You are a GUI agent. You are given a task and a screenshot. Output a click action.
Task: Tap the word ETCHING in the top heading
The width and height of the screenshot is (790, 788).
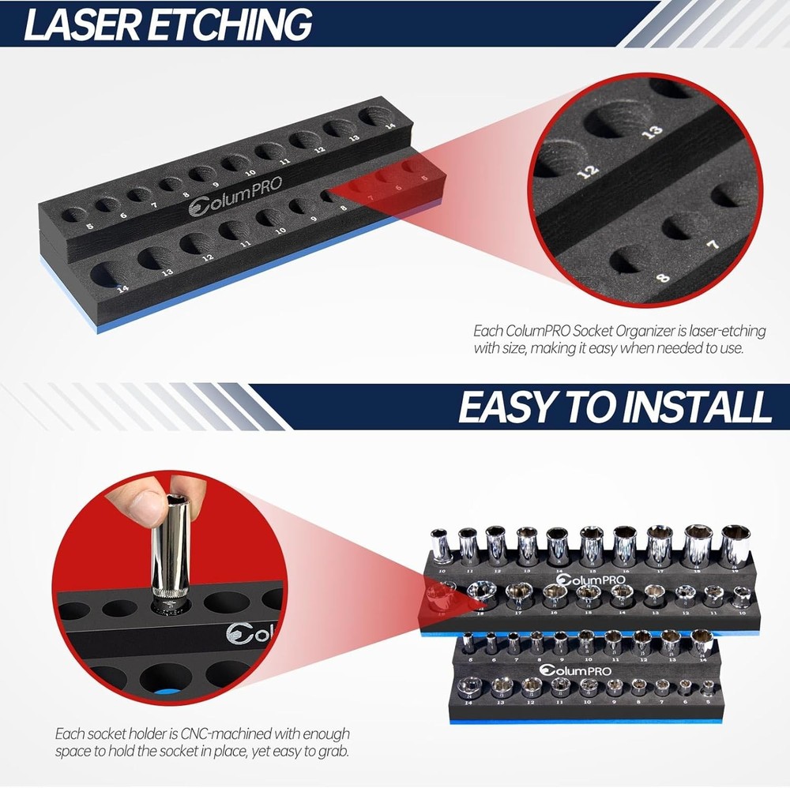click(x=229, y=24)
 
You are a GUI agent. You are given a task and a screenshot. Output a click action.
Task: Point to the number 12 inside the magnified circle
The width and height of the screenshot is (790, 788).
click(x=585, y=170)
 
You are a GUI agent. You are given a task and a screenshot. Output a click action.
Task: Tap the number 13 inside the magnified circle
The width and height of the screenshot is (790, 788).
click(x=652, y=132)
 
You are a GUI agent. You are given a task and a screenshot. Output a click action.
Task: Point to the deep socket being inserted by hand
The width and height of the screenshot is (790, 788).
click(x=167, y=553)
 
